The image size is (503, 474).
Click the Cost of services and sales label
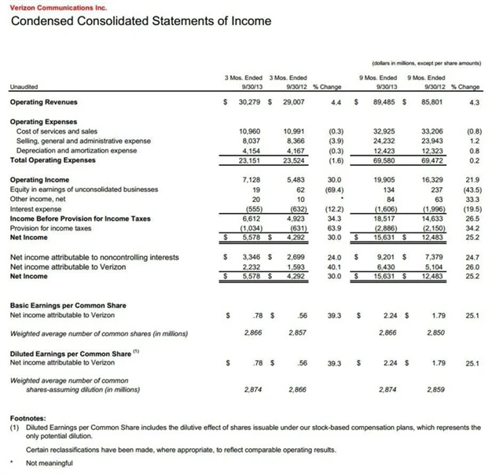point(53,130)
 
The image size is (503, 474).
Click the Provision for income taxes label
point(48,226)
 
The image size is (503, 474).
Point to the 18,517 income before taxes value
point(384,217)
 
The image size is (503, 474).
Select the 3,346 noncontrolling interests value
point(258,256)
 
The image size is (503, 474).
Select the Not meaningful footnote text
point(50,463)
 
